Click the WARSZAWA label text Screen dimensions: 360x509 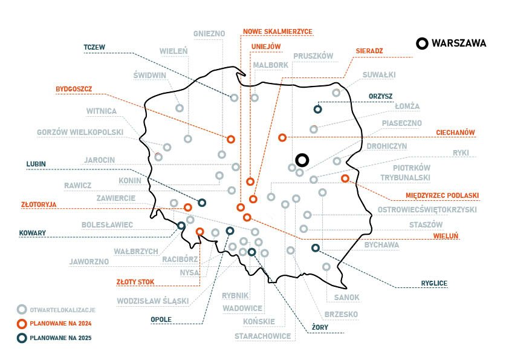459,43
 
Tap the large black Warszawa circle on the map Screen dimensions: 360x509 303,160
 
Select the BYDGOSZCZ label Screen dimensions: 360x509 73,89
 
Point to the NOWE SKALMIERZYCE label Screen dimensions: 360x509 277,31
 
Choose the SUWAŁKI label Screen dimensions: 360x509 379,75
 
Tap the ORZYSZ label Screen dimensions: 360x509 380,96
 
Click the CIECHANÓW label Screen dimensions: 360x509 456,133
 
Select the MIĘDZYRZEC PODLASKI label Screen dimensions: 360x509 443,195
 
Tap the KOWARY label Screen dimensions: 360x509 33,232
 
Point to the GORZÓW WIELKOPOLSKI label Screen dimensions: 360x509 80,132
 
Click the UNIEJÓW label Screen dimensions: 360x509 266,47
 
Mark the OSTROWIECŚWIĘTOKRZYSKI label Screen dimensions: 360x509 427,210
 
